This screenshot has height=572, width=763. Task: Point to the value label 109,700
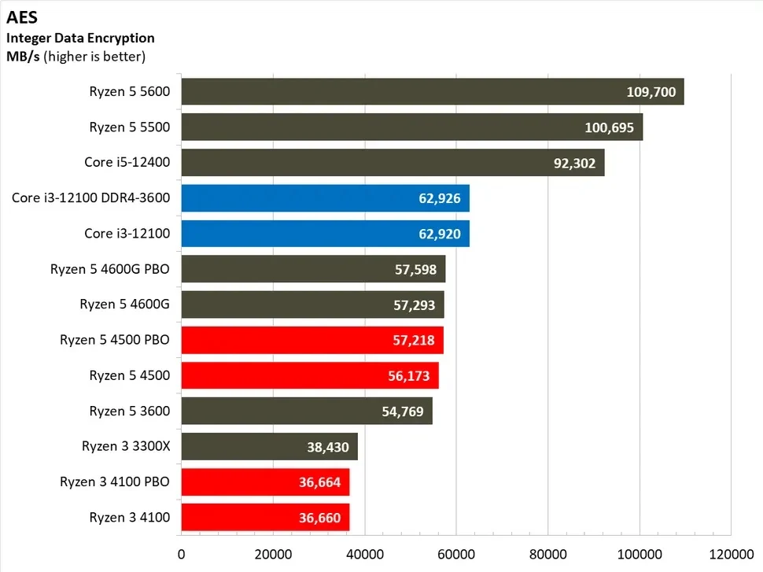[651, 92]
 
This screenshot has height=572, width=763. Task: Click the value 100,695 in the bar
[610, 127]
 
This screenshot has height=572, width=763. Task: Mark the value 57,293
[415, 305]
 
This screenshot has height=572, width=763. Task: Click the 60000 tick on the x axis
[456, 553]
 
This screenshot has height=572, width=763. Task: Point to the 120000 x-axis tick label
[731, 553]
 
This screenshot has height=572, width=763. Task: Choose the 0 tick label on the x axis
[182, 553]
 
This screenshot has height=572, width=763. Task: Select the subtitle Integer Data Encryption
[80, 38]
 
